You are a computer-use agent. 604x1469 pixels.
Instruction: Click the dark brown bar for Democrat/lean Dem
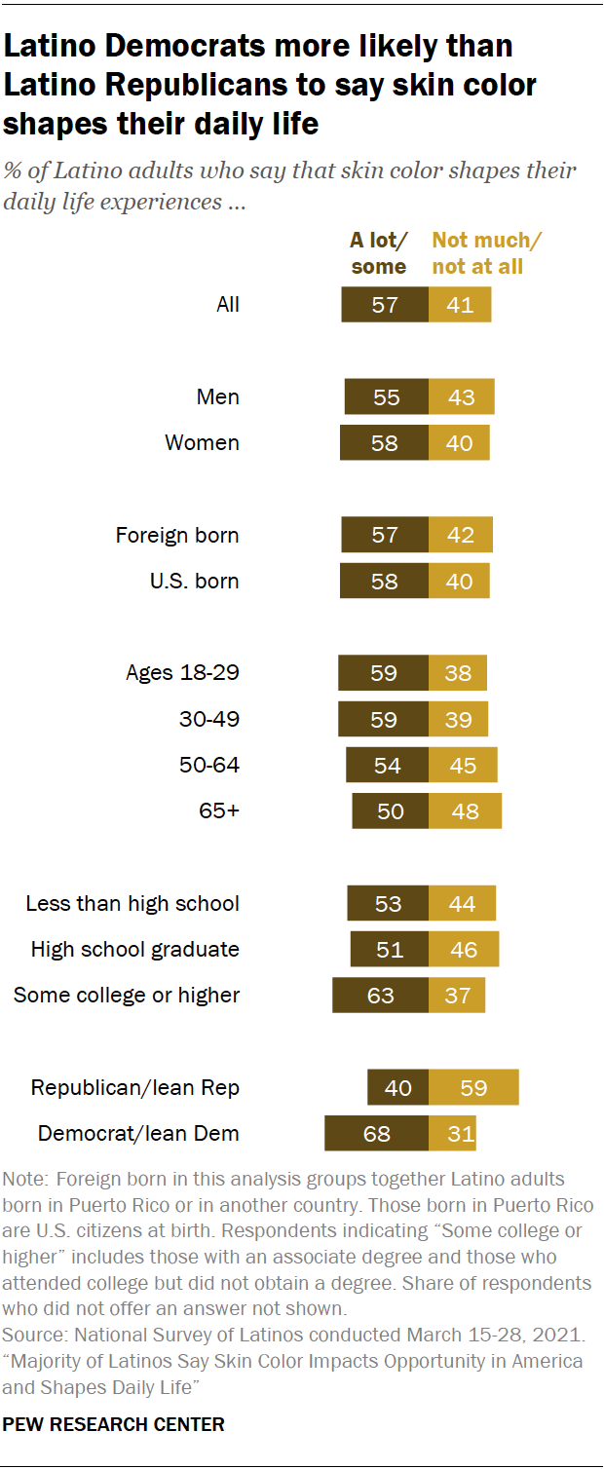(x=376, y=1133)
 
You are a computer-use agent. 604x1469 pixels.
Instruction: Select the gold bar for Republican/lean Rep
(x=473, y=1087)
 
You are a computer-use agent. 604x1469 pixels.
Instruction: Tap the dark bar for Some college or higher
(x=380, y=995)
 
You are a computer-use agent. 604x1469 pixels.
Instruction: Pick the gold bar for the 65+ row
(x=465, y=810)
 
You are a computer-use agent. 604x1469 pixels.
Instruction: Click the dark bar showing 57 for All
(x=385, y=305)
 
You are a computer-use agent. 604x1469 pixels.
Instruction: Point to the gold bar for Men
(x=461, y=396)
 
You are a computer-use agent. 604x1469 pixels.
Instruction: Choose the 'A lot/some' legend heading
(x=379, y=253)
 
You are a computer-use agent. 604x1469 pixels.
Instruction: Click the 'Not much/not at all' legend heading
(x=486, y=253)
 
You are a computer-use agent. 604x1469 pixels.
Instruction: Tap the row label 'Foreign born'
(x=176, y=535)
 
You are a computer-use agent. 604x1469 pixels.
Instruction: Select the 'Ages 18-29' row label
(x=182, y=673)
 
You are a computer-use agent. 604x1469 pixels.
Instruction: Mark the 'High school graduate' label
(x=134, y=949)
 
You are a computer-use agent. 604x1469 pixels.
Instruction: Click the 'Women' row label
(x=202, y=442)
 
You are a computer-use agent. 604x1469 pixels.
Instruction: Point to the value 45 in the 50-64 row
(x=463, y=766)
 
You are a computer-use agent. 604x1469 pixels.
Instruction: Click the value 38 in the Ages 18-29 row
(x=458, y=673)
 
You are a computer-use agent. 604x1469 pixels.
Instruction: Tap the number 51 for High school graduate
(x=390, y=949)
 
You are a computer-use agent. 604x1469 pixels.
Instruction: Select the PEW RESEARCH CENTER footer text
(x=114, y=1424)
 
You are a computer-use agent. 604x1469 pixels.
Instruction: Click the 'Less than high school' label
(x=132, y=903)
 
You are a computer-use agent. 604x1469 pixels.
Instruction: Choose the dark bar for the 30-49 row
(x=383, y=719)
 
